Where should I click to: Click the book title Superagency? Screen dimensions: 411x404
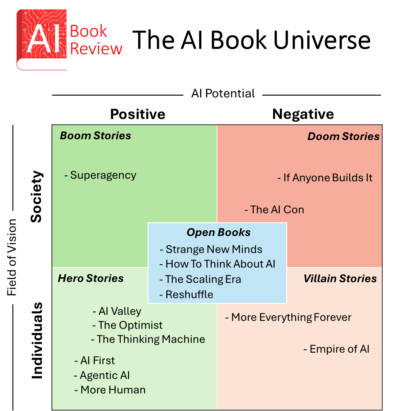pyautogui.click(x=103, y=175)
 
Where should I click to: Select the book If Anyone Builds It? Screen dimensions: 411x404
pyautogui.click(x=328, y=178)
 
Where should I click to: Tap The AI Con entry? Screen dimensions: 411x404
pyautogui.click(x=277, y=210)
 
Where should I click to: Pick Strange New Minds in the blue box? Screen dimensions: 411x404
pyautogui.click(x=214, y=250)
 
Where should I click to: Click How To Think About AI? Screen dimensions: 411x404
pyautogui.click(x=220, y=264)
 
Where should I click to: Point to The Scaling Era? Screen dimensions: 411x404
pyautogui.click(x=203, y=279)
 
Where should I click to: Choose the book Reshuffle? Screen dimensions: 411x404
pyautogui.click(x=189, y=295)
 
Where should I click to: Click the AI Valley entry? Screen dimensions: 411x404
pyautogui.click(x=120, y=311)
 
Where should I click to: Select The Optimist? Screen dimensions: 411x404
pyautogui.click(x=130, y=325)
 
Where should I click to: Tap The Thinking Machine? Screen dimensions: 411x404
pyautogui.click(x=151, y=339)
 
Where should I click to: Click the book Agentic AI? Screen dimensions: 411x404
pyautogui.click(x=104, y=376)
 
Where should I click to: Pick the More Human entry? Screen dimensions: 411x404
pyautogui.click(x=113, y=390)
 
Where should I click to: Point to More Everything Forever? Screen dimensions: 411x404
pyautogui.click(x=291, y=318)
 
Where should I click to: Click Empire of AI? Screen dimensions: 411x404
pyautogui.click(x=339, y=349)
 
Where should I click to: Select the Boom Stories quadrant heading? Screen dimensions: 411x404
pyautogui.click(x=95, y=136)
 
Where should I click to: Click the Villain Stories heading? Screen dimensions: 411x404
pyautogui.click(x=340, y=279)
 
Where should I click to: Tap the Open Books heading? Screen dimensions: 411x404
pyautogui.click(x=218, y=233)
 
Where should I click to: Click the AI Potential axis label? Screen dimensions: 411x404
pyautogui.click(x=223, y=93)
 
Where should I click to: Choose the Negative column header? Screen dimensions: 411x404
pyautogui.click(x=303, y=114)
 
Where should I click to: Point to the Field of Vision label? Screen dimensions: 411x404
pyautogui.click(x=12, y=257)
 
